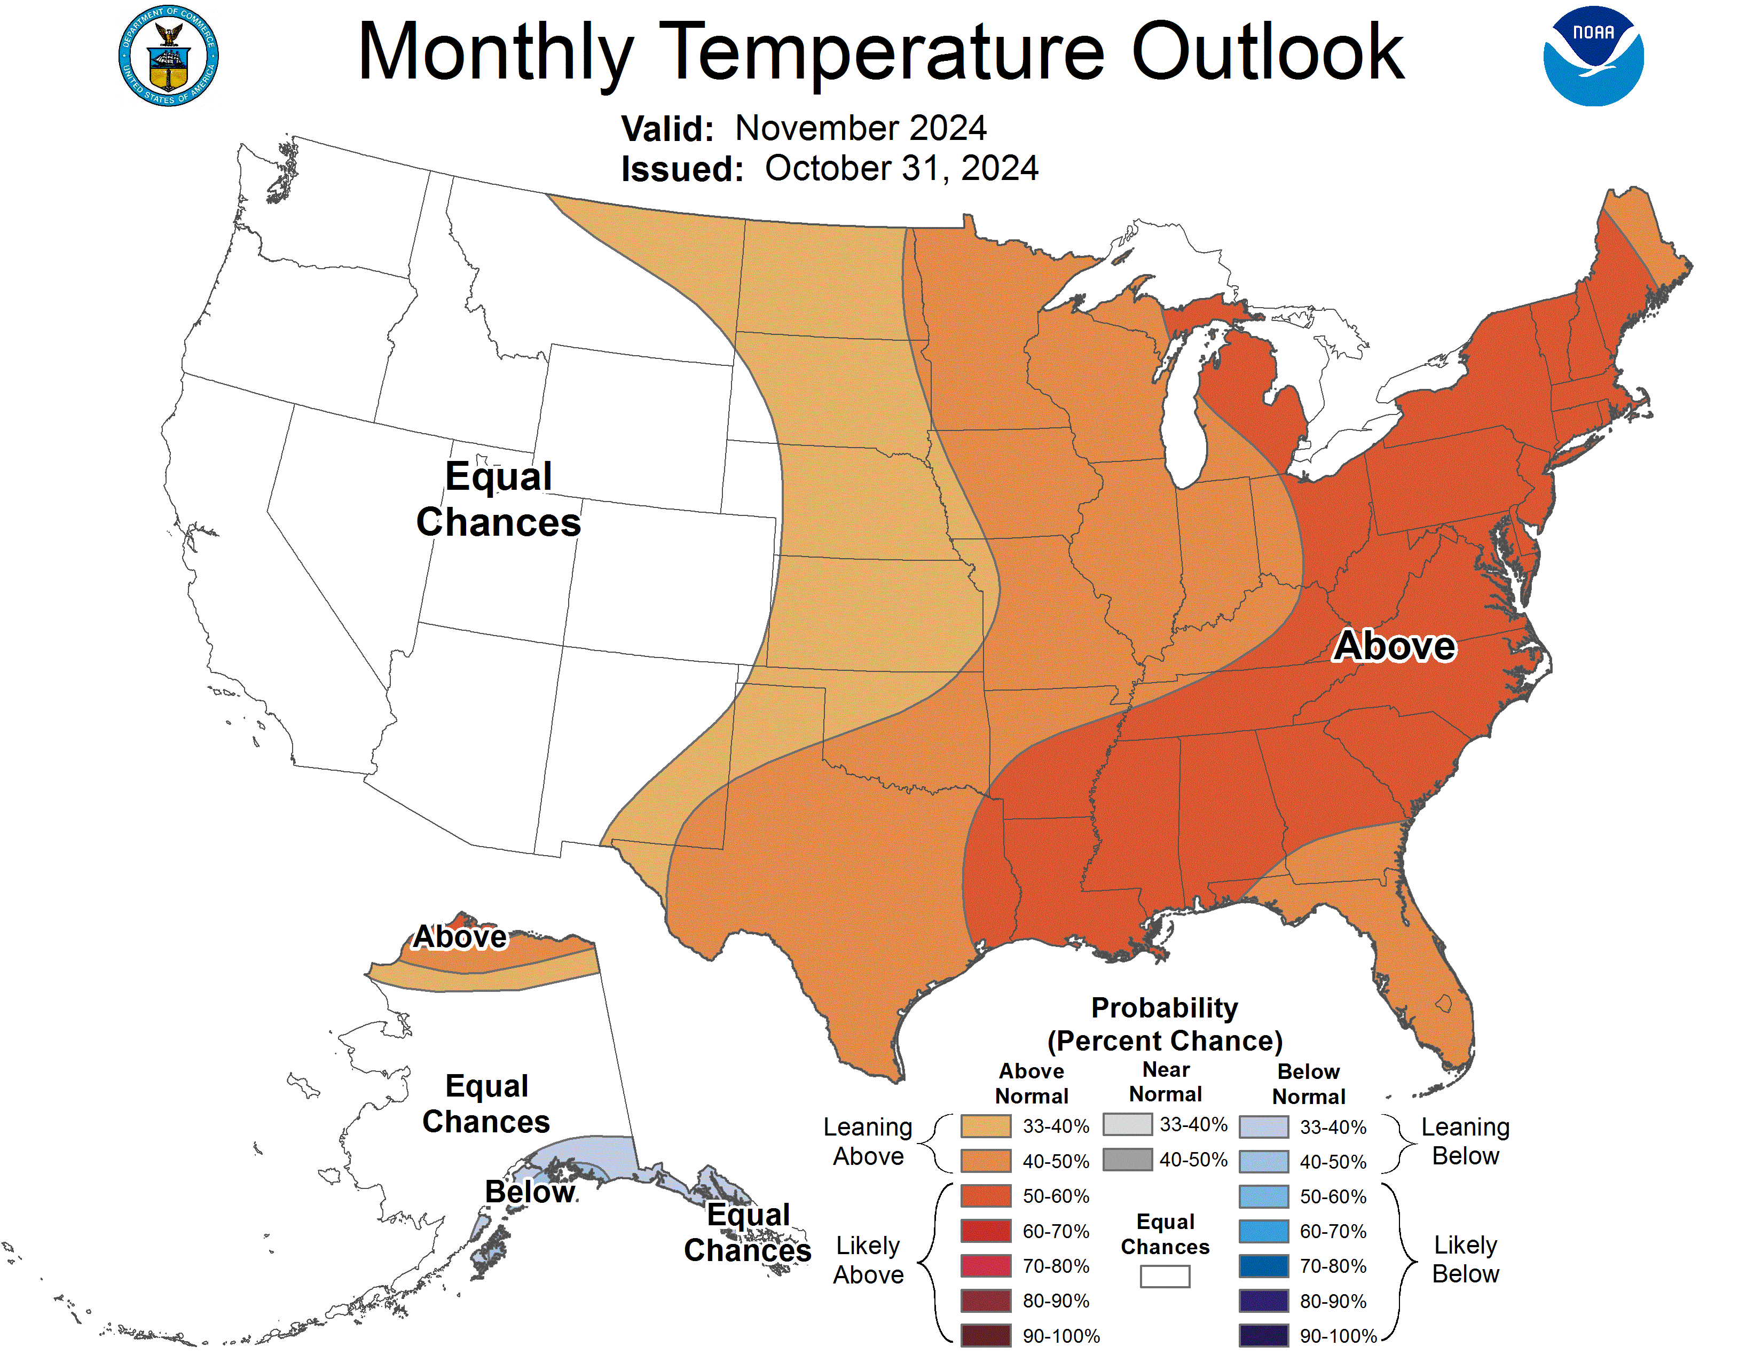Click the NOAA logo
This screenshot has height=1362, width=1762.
(x=1593, y=57)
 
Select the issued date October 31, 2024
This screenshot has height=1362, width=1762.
(x=901, y=169)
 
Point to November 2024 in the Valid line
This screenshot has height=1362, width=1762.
(x=861, y=128)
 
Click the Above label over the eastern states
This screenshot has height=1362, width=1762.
(x=1394, y=646)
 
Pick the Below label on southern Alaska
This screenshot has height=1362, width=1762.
(x=530, y=1192)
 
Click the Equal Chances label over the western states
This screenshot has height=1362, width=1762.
(x=499, y=499)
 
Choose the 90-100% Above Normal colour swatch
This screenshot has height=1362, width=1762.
(x=985, y=1335)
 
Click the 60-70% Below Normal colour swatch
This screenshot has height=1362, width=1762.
(x=1263, y=1231)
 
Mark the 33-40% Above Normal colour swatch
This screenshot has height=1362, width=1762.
(x=985, y=1125)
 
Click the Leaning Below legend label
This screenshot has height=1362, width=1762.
(x=1465, y=1141)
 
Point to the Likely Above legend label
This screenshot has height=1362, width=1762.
(x=868, y=1259)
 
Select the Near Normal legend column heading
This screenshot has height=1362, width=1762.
(x=1165, y=1081)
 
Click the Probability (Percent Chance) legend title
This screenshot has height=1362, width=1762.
(x=1164, y=1024)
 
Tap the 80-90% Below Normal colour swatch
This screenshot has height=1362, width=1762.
(x=1263, y=1301)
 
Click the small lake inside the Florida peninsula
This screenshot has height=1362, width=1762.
(x=1443, y=1004)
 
